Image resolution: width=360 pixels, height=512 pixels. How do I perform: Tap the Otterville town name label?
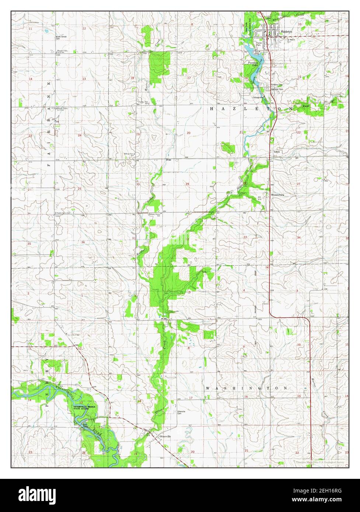(164, 436)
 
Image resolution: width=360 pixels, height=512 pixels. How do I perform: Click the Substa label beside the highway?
(277, 151)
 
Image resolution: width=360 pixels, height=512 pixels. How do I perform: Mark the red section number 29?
(187, 184)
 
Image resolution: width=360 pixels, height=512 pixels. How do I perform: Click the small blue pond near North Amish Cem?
(47, 31)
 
